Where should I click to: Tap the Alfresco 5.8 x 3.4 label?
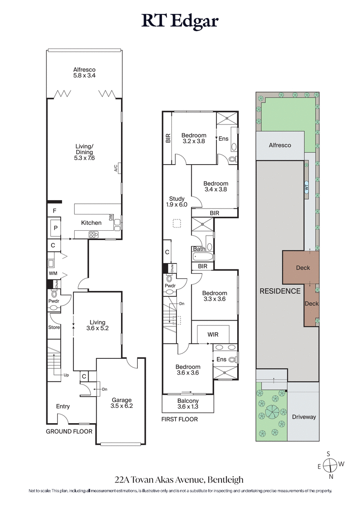[x=85, y=73]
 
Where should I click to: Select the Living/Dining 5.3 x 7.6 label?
[x=85, y=152]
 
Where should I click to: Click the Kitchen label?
[x=90, y=223]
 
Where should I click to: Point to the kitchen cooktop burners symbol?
[x=93, y=234]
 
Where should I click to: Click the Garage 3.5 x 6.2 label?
[x=122, y=402]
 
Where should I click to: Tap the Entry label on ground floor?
[x=63, y=406]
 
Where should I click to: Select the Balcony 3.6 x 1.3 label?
[x=188, y=404]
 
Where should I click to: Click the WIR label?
[x=213, y=335]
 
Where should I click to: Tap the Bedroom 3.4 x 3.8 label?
[x=216, y=186]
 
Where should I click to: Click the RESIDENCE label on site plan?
[x=280, y=291]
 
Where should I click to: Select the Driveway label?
[x=304, y=417]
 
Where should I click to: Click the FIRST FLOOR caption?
[x=180, y=419]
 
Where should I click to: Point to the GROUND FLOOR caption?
[x=69, y=431]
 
